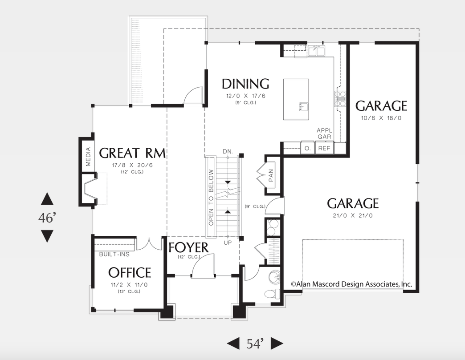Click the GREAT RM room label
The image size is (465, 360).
click(x=132, y=153)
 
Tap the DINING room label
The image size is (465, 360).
click(x=245, y=84)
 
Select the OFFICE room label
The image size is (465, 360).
click(x=130, y=272)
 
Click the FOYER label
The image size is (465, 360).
click(x=188, y=247)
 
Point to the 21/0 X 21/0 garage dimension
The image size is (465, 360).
click(x=353, y=215)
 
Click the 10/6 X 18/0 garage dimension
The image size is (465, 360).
click(x=381, y=118)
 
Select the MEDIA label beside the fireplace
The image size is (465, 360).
click(x=88, y=157)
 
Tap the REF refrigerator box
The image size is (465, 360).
click(x=324, y=148)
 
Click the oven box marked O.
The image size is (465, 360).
click(x=308, y=148)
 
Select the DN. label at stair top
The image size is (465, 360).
click(x=228, y=152)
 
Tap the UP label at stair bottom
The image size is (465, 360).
click(x=228, y=243)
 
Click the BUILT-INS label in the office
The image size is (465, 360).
click(x=114, y=254)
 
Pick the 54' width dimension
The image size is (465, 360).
click(x=256, y=343)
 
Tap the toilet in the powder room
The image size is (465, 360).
click(x=271, y=294)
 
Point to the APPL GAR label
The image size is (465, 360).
click(x=324, y=133)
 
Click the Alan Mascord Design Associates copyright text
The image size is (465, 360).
click(x=351, y=284)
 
